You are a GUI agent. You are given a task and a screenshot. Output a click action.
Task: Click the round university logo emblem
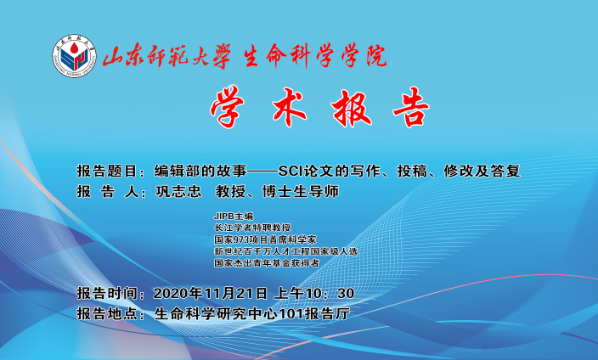(x=75, y=56)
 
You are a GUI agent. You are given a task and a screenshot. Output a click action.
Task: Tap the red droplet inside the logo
(x=74, y=48)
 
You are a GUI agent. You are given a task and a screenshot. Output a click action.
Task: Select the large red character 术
(x=289, y=107)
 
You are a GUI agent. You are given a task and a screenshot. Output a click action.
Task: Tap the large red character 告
(x=411, y=107)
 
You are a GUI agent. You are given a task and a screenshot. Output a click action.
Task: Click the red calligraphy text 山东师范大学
(x=166, y=57)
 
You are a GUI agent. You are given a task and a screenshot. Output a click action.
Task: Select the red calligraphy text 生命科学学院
(x=315, y=56)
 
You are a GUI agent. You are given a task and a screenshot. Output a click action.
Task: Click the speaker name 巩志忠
(x=178, y=191)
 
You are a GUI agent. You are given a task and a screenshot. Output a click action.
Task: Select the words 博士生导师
(x=301, y=191)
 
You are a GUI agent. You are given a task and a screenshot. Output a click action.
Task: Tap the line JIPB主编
(x=234, y=217)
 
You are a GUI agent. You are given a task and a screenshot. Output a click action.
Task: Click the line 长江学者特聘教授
(x=252, y=228)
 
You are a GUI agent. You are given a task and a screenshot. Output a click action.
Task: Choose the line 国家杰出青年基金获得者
(x=267, y=262)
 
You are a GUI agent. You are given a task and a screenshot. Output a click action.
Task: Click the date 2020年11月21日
(x=211, y=293)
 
